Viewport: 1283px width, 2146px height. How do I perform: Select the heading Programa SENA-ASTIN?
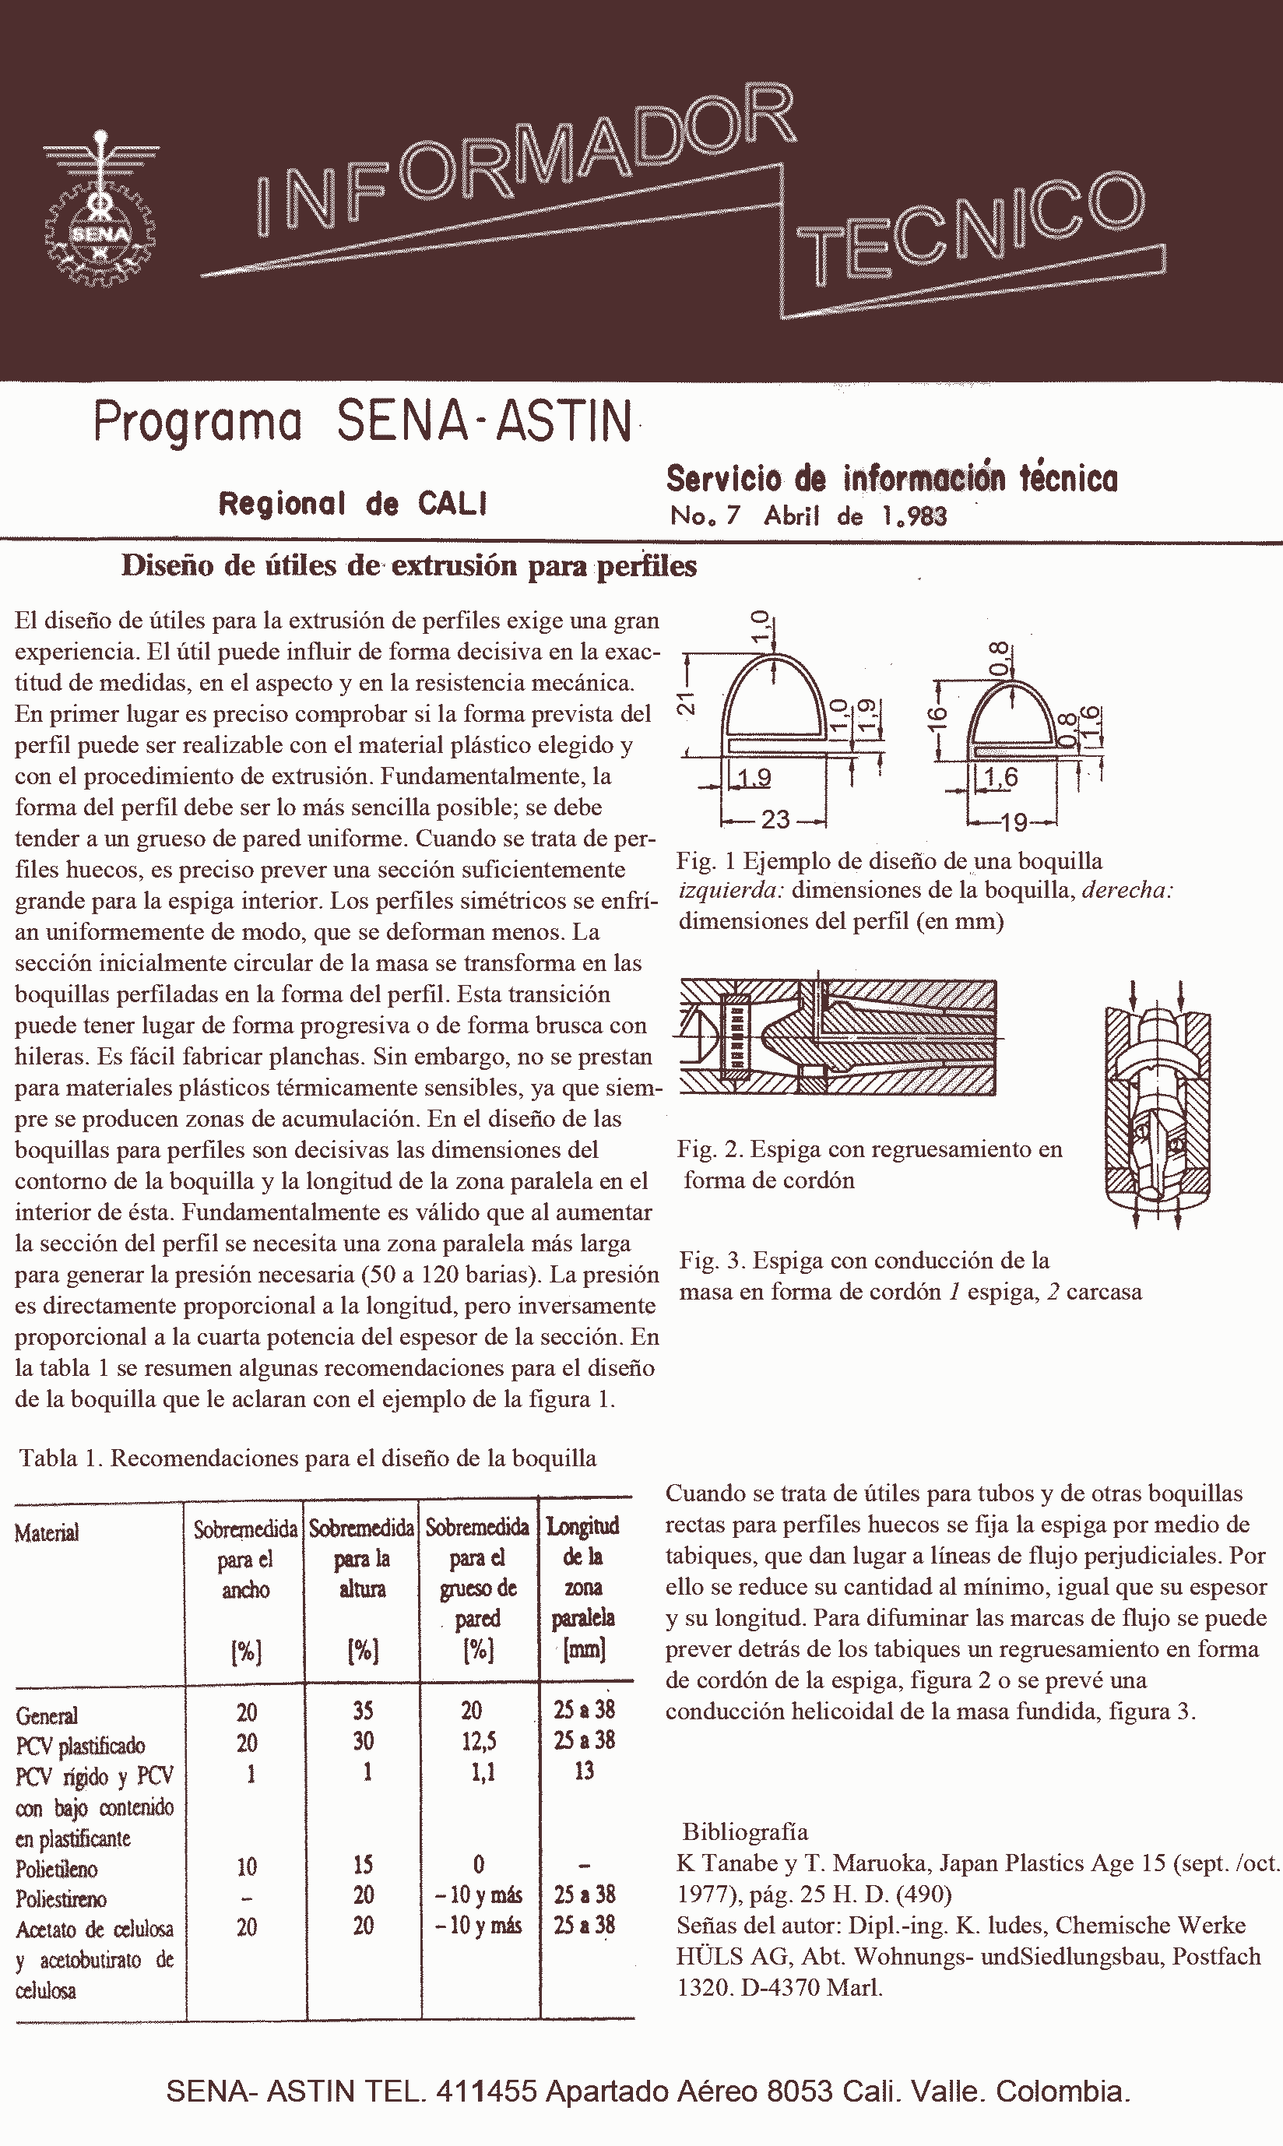[363, 421]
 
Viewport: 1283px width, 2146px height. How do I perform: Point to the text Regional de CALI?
[353, 503]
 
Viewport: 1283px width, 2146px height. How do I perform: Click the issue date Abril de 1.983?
[855, 516]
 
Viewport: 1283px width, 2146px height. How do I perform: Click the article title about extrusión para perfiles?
[409, 565]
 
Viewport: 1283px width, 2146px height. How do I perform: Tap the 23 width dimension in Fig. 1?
[775, 819]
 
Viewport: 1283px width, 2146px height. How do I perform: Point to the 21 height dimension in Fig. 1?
[686, 704]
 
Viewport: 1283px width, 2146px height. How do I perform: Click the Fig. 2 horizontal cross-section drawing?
[838, 1036]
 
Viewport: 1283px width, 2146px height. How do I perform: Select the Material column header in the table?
[47, 1533]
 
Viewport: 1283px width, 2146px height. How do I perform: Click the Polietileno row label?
[56, 1870]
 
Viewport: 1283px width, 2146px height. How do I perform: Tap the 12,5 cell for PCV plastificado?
[478, 1741]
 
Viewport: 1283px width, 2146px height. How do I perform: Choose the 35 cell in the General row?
[363, 1711]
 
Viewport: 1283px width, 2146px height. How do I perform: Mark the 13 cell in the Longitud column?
[585, 1771]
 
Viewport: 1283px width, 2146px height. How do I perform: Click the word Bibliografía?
[745, 1831]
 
